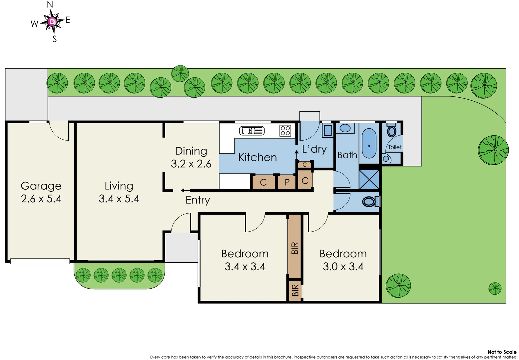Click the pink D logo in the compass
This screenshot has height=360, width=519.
52,22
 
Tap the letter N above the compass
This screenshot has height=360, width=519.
50,5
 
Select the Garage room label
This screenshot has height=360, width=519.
41,186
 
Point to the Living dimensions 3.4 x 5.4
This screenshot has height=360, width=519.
119,199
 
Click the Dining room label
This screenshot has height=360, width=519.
191,151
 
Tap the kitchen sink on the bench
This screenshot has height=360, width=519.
252,131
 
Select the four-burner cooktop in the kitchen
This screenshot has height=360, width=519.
285,130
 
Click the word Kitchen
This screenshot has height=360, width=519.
258,157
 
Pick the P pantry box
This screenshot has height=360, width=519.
287,182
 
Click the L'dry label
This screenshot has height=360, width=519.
314,149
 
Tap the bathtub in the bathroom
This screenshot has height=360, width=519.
369,143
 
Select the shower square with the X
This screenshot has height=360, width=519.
369,179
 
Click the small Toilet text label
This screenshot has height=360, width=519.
395,147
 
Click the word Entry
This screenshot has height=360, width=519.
198,200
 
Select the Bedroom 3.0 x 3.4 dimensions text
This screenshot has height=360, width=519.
343,267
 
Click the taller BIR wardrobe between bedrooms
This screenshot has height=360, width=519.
294,247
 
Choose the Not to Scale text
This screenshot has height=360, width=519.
502,352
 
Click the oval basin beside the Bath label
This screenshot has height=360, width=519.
345,128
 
